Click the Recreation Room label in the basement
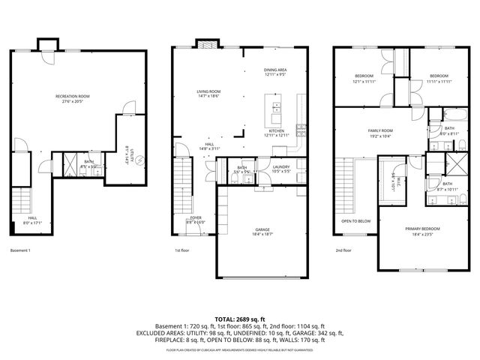point(73,98)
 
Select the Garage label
point(262,232)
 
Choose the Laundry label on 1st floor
point(281,169)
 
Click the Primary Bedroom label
point(424,231)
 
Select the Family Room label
point(380,133)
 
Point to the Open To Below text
point(355,221)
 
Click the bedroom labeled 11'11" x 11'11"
point(439,78)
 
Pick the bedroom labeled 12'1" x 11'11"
point(364,78)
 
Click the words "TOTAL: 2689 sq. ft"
point(239,319)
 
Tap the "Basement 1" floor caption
point(20,250)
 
